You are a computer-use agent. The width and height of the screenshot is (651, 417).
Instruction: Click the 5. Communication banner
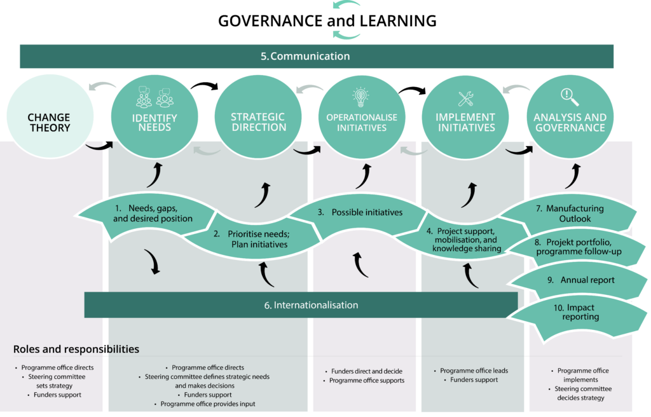305,56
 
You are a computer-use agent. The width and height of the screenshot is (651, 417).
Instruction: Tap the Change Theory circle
49,123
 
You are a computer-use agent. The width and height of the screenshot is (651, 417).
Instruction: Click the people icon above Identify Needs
154,99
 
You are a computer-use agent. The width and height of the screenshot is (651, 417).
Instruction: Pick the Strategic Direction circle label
258,122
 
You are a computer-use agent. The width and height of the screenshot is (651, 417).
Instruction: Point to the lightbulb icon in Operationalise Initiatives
361,97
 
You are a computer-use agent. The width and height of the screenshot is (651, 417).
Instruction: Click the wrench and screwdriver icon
465,99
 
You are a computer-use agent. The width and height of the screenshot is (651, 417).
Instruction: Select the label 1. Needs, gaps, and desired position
153,214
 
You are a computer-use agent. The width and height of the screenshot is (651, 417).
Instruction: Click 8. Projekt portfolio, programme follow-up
578,247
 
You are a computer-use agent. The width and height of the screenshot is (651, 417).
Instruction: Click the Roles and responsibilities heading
76,349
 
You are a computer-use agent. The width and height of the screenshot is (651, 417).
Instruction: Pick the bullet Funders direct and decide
367,371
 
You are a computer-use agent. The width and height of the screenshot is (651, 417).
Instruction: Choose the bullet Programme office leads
474,371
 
